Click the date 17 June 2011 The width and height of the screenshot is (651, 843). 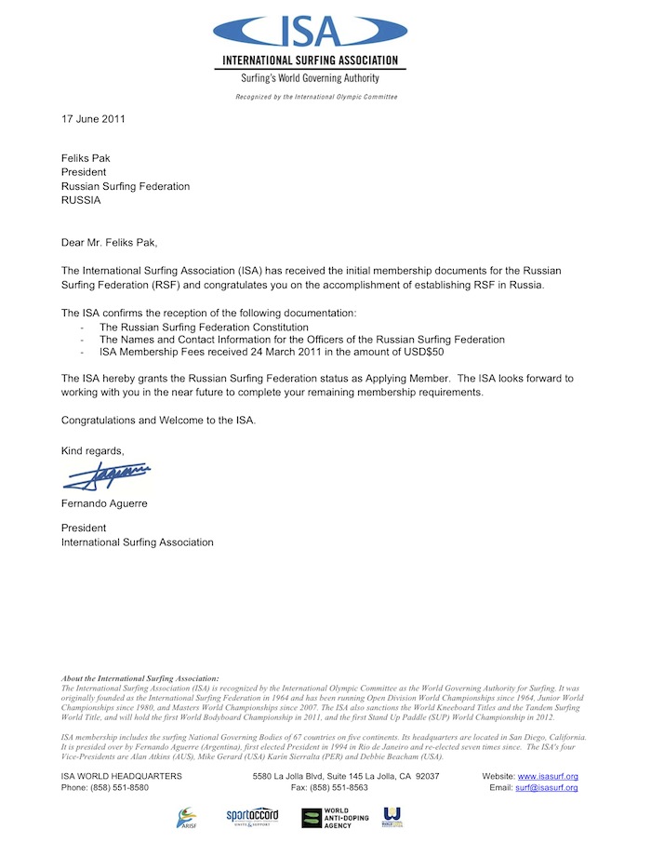(93, 119)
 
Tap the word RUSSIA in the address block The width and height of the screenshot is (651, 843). (81, 200)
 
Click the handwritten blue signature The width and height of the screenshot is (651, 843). (107, 476)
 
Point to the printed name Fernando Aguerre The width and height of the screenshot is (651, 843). (101, 503)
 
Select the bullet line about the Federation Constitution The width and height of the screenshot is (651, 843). (204, 328)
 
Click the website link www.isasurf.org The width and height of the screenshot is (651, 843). (548, 776)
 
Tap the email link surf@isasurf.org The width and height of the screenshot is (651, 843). (548, 788)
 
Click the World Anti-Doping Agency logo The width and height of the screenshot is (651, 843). (335, 818)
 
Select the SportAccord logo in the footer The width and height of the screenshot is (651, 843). (252, 816)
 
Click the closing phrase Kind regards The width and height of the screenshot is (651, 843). (92, 451)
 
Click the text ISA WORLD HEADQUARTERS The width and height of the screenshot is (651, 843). (122, 776)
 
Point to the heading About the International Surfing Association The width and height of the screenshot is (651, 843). (139, 679)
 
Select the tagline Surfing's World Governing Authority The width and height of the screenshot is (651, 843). (310, 80)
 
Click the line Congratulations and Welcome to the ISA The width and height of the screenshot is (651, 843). (158, 420)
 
